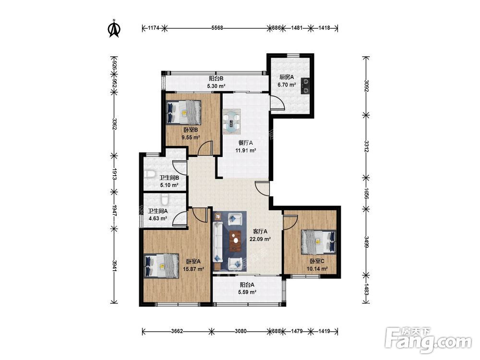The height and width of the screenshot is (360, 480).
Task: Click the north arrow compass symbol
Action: coord(115,28)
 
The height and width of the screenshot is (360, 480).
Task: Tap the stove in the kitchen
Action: coord(305,86)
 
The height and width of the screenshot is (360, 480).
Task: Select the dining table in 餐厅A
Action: coord(231,121)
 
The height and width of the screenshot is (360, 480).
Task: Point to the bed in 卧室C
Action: coord(318,242)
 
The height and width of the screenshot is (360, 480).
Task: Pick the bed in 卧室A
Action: coord(161,266)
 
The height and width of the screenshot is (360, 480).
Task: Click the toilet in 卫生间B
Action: coord(149,174)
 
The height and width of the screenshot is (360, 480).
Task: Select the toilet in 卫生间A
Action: coord(165,200)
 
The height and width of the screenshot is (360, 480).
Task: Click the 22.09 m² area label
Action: coord(260,239)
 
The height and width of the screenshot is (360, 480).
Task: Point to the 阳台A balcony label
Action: coord(247,285)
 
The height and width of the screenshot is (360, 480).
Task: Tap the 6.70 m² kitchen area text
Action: coord(287,85)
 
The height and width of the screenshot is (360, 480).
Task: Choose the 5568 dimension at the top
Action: coord(217,28)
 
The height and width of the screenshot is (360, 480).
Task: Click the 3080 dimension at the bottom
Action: coord(240,331)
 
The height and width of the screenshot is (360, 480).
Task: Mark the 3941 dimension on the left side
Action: coord(114,266)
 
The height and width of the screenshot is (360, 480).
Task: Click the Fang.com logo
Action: coord(428,340)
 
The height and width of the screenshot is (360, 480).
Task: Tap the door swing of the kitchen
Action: coord(277,102)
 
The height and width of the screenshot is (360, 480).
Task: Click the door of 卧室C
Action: coord(290,222)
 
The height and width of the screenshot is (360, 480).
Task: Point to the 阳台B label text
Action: coord(216,79)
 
